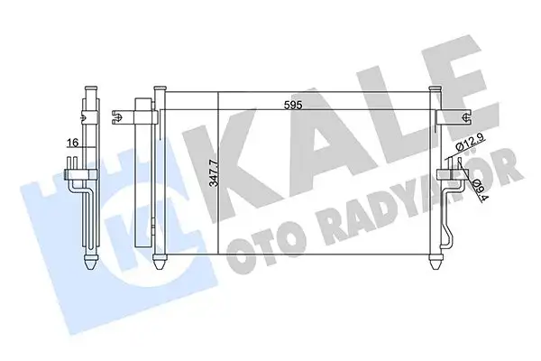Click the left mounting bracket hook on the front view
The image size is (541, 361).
tap(118, 116)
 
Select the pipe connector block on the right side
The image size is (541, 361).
tap(445, 175)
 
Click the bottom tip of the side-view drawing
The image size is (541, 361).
tap(90, 265)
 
